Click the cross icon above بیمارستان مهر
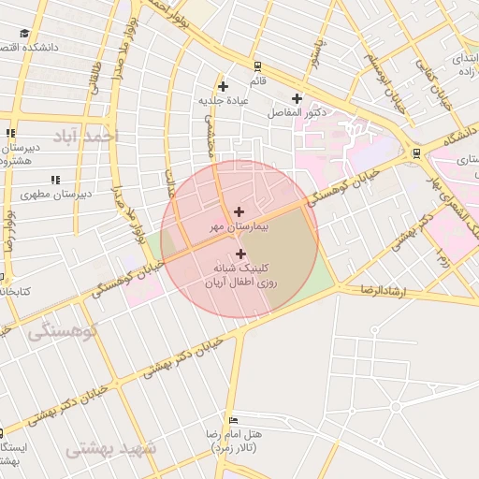(239, 212)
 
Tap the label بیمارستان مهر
(239, 227)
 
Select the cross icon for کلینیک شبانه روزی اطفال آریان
(241, 254)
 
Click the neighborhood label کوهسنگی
(53, 330)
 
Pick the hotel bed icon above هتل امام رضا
(233, 420)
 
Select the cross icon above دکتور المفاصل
(297, 98)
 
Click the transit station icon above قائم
(257, 66)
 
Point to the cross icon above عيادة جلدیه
(223, 87)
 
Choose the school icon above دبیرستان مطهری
(55, 179)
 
